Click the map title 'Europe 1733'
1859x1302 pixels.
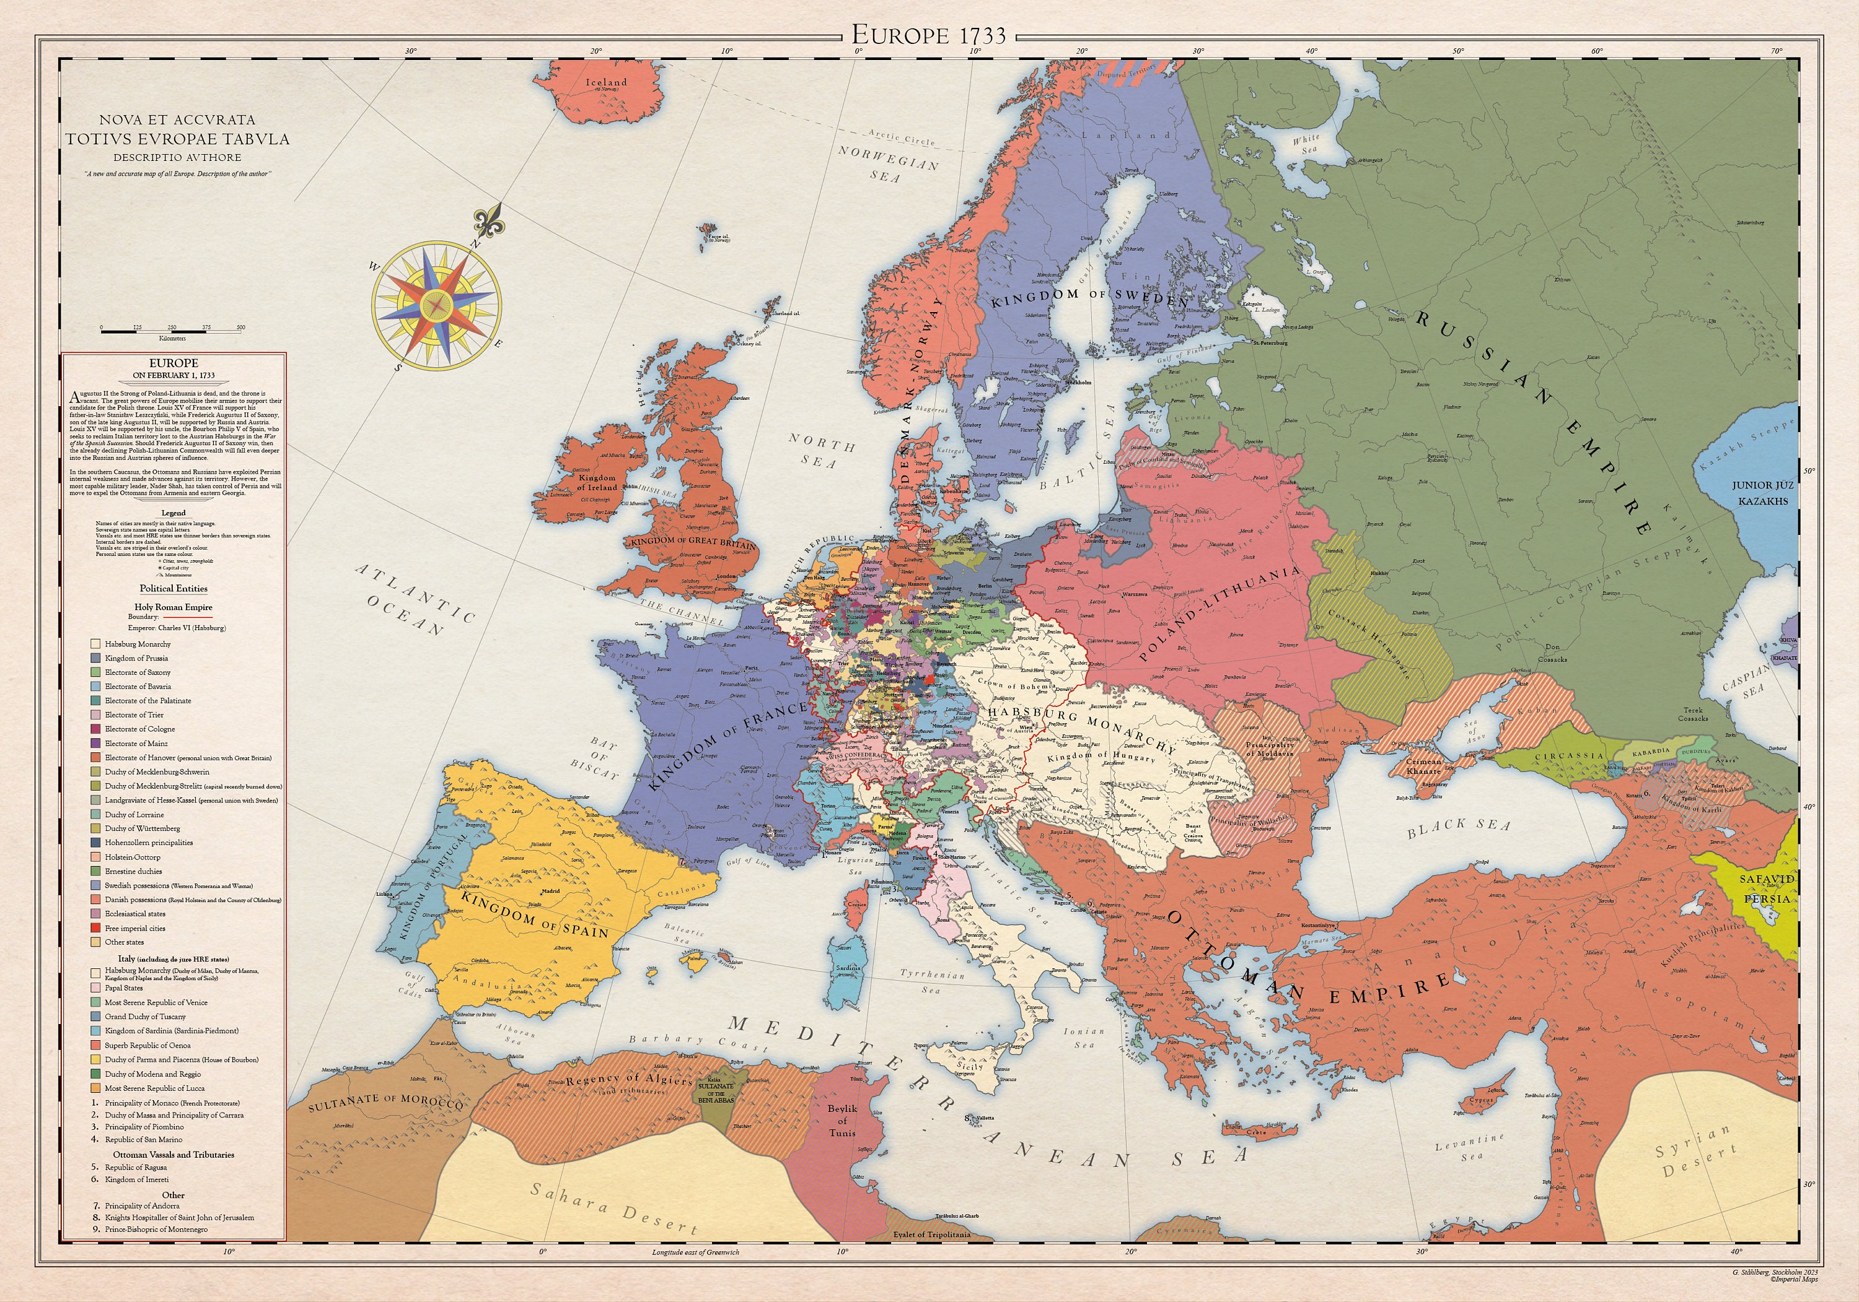[929, 35]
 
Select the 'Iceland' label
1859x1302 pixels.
[607, 82]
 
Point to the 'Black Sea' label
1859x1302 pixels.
[1458, 826]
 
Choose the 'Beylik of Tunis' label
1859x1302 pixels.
[842, 1120]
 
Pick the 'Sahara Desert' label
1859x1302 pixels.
[613, 1208]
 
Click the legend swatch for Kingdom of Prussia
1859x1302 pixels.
[95, 658]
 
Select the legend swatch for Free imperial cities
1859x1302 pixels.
[95, 927]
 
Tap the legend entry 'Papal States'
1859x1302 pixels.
[123, 988]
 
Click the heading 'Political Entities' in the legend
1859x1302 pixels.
[174, 588]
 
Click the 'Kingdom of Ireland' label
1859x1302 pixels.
[597, 482]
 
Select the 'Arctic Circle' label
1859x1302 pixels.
[901, 137]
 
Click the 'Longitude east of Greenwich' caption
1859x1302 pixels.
[695, 1252]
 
